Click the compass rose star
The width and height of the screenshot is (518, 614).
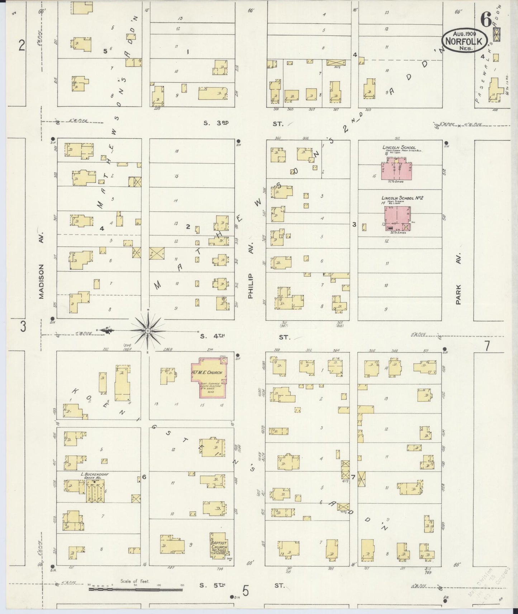pyautogui.click(x=147, y=331)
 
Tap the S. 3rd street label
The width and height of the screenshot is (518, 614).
pyautogui.click(x=216, y=123)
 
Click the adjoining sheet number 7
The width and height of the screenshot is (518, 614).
pyautogui.click(x=486, y=347)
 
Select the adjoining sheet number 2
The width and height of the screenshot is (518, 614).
pyautogui.click(x=22, y=46)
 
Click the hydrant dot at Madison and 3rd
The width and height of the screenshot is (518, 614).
pyautogui.click(x=53, y=139)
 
